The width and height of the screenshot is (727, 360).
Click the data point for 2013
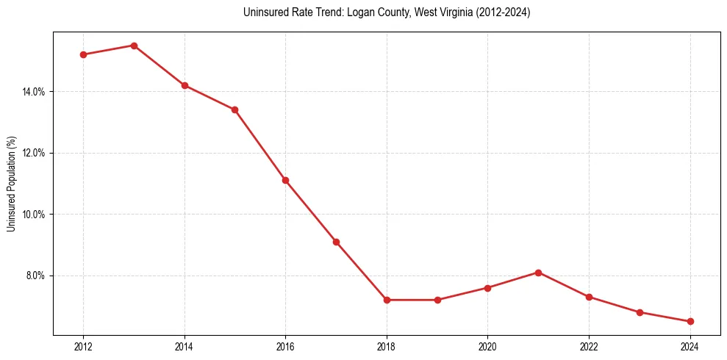[134, 46]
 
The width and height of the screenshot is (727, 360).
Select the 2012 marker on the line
[83, 54]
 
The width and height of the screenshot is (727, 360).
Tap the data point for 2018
[387, 300]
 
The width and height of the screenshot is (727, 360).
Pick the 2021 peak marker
[538, 273]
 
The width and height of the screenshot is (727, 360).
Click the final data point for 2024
[690, 321]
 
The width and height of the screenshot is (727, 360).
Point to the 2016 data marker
[285, 180]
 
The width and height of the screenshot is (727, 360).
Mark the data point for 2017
[336, 242]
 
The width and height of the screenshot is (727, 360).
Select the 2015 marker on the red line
[234, 109]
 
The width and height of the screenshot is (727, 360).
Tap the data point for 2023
[640, 312]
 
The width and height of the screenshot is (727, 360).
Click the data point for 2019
[437, 300]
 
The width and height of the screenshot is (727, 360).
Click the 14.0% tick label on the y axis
[35, 92]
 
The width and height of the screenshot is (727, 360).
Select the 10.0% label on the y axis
[35, 215]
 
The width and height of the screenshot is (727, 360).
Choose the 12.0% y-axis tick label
[35, 153]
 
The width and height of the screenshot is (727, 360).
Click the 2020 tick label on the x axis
[487, 347]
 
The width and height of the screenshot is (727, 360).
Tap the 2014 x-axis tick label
[185, 347]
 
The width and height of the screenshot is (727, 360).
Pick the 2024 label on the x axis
[690, 347]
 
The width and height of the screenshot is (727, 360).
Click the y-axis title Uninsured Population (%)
[11, 184]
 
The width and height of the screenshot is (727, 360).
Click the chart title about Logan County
[386, 12]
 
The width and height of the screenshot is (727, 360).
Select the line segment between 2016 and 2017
[310, 211]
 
